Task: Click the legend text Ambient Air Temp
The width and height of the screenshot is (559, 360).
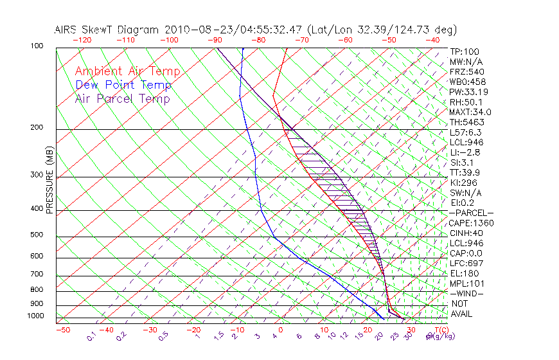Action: tap(127, 71)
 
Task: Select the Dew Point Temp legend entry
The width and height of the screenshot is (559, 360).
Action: tap(123, 85)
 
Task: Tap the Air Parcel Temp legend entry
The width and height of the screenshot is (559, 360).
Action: tap(122, 98)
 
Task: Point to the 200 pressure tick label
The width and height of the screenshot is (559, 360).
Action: tap(37, 127)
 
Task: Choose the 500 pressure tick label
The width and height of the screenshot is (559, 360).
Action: tap(37, 235)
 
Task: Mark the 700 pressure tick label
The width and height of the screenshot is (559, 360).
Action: tap(37, 274)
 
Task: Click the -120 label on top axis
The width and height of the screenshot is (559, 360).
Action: tap(81, 39)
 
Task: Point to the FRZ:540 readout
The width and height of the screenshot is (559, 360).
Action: tap(467, 71)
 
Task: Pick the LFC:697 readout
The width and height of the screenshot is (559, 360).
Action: tap(466, 263)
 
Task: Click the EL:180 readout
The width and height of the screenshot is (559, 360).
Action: tap(465, 273)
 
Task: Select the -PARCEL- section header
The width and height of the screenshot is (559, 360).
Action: tap(471, 213)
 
